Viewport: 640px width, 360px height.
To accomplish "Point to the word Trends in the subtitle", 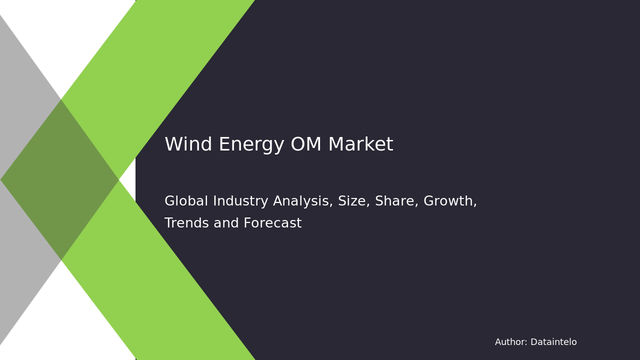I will [x=186, y=223].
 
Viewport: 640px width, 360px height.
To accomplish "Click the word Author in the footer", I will [x=510, y=342].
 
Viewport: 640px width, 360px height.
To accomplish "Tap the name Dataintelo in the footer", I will [x=553, y=342].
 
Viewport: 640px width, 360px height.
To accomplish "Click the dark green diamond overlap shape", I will [x=60, y=180].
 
